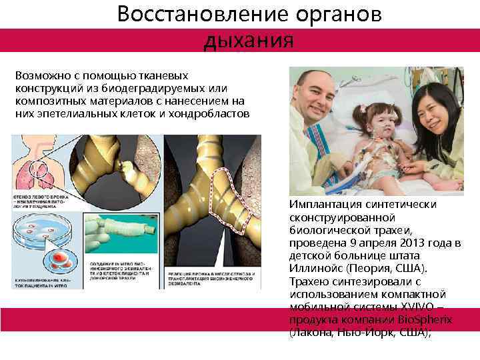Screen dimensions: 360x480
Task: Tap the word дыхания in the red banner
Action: tap(249, 40)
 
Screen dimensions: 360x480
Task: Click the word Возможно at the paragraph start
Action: tap(40, 76)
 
